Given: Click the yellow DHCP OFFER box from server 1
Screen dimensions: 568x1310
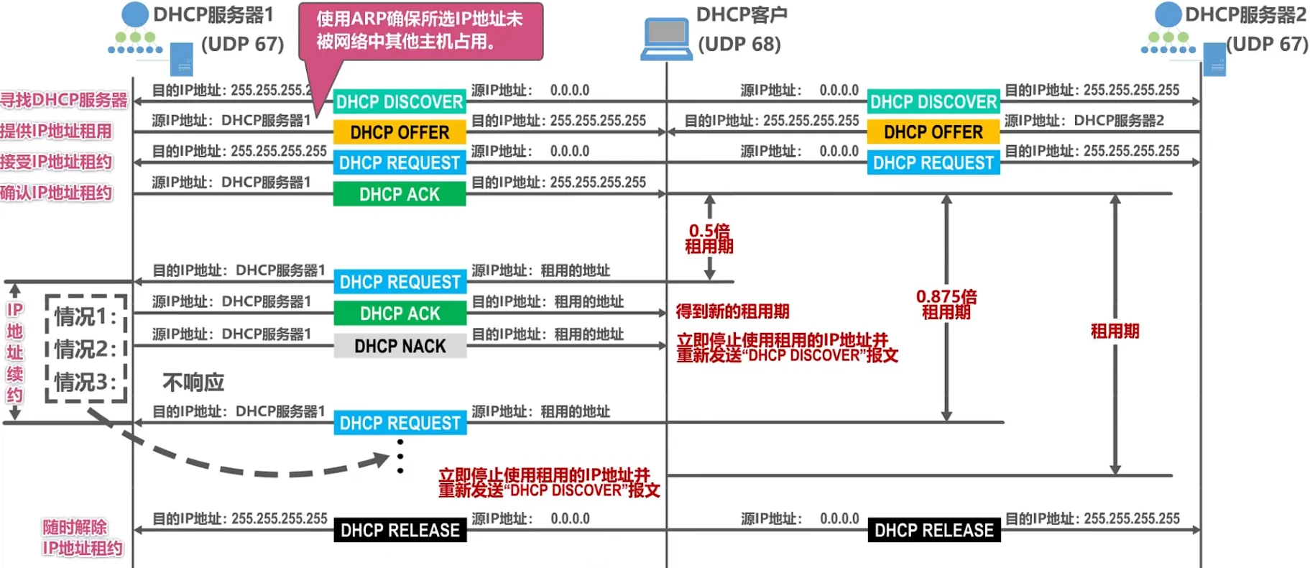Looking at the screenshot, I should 400,132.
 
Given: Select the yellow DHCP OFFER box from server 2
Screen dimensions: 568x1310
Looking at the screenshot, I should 933,132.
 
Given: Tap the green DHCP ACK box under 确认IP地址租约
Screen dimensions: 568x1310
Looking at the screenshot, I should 400,194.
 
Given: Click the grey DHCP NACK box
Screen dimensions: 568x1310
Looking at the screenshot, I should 400,347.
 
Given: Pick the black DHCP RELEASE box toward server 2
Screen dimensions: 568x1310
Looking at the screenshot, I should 934,531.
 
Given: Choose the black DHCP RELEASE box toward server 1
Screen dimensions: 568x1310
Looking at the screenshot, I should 400,531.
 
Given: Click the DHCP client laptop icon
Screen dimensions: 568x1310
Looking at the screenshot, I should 666,40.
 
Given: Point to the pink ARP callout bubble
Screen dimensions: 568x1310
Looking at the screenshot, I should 420,30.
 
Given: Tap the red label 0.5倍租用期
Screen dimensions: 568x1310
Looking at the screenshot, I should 709,239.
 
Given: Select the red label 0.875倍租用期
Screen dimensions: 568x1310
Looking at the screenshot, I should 946,304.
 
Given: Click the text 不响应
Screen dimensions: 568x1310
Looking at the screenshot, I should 193,383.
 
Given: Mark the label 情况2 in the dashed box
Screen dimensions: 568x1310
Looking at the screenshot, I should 86,349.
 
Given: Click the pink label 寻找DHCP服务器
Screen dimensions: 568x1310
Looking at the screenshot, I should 64,100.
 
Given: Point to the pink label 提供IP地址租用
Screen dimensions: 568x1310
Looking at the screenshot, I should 56,131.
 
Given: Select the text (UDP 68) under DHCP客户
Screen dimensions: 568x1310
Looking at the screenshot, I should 739,45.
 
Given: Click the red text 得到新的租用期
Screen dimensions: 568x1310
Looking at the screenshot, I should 732,311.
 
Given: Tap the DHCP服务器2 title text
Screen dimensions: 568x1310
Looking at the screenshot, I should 1245,14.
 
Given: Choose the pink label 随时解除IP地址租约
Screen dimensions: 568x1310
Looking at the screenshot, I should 82,538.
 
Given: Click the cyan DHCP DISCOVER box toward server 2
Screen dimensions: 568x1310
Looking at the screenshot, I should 933,102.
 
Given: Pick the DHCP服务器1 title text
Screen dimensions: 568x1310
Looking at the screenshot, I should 213,14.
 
